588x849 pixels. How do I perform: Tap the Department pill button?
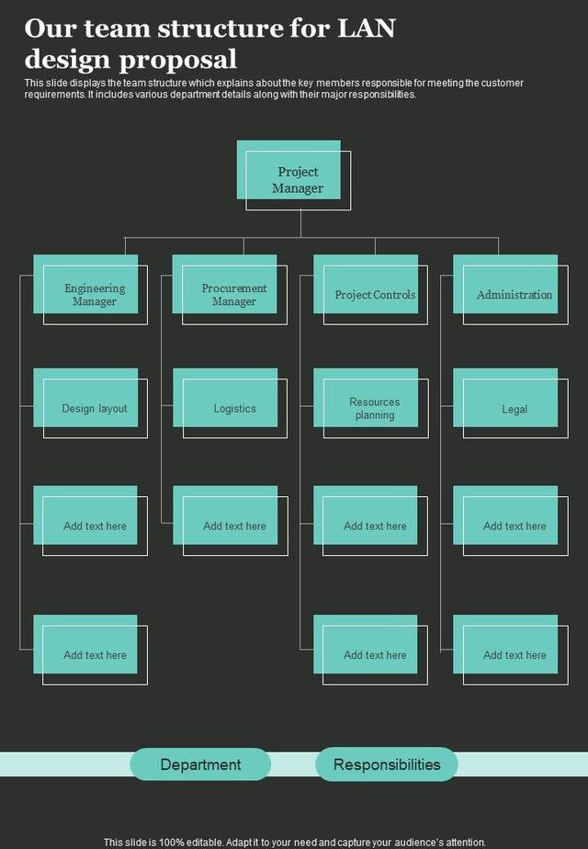point(200,764)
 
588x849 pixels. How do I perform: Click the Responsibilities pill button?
point(387,764)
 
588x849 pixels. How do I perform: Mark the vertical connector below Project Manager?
point(300,223)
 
